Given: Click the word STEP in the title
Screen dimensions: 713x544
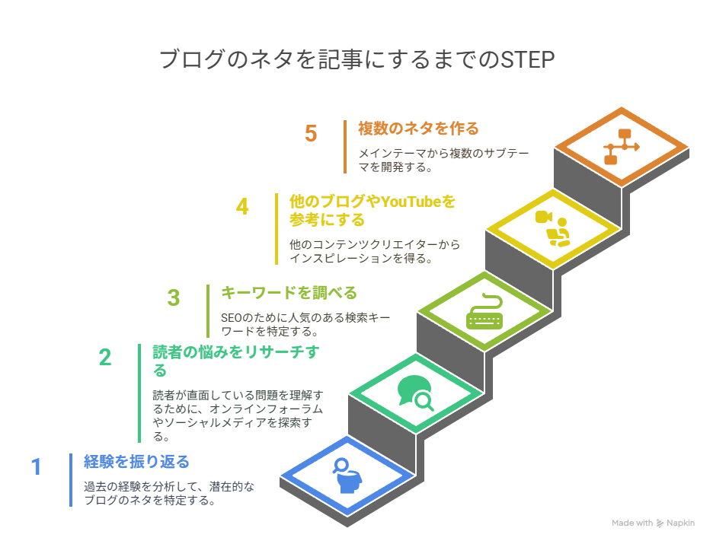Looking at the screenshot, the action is (x=527, y=60).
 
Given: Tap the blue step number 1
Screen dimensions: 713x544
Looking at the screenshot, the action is (x=37, y=467).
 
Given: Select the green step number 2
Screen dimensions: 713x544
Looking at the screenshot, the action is (x=105, y=358).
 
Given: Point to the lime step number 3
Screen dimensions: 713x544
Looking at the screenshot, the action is (x=174, y=298).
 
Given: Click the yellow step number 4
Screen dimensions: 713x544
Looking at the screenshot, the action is (x=242, y=207).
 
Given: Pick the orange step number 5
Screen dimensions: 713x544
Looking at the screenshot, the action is (x=311, y=133).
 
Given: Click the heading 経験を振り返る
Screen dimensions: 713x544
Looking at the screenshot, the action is (x=137, y=462).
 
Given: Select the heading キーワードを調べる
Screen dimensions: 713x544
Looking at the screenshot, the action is (x=289, y=293).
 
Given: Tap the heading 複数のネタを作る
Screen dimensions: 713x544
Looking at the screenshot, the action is (x=418, y=129).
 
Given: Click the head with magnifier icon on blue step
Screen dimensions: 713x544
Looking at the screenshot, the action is (x=348, y=476).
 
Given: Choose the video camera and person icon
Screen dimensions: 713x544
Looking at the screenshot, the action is (x=553, y=229).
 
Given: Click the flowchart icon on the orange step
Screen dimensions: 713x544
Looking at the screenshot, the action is (x=621, y=147).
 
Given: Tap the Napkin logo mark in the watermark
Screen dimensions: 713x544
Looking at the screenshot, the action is (x=660, y=523).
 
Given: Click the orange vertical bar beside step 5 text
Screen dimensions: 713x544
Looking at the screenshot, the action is (x=345, y=147).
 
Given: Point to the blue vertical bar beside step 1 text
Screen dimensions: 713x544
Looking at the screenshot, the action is (x=71, y=480).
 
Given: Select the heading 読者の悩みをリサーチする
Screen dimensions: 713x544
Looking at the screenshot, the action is (x=236, y=361).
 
